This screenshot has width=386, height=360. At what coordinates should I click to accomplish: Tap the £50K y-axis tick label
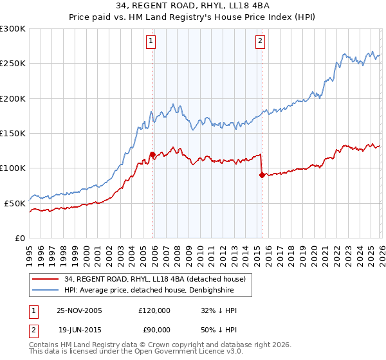coord(15,203)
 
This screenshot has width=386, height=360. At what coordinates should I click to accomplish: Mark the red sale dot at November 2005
coord(152,154)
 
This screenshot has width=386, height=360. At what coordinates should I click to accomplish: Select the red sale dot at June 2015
coord(261,175)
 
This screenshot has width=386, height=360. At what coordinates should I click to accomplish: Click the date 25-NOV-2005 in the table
coord(79,310)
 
